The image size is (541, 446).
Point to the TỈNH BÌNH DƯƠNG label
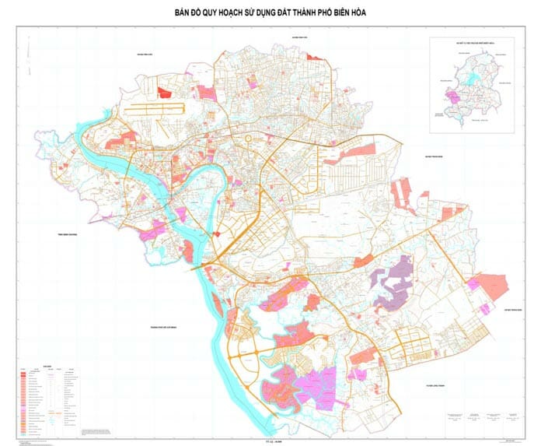tap(64, 233)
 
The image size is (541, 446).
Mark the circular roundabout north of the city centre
tap(249, 139)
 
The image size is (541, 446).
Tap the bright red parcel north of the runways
tap(164, 92)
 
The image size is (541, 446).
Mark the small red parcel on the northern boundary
tap(314, 57)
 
